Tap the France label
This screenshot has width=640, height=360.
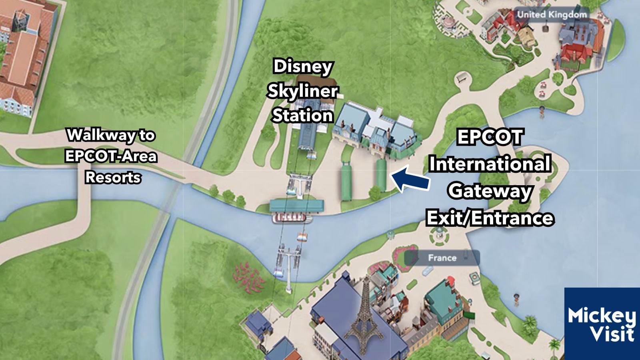[x=442, y=258]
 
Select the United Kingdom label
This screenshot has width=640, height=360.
[x=552, y=15]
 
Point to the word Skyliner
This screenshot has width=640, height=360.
[x=302, y=91]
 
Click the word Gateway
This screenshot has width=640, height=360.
[x=490, y=191]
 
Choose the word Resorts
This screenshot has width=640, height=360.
[x=113, y=177]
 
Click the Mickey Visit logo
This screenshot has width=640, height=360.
[x=602, y=324]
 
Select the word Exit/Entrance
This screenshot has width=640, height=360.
[x=490, y=218]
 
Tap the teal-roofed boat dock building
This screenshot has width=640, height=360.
[x=296, y=206]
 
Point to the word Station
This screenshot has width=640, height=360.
[x=302, y=116]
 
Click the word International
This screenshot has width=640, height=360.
[x=490, y=164]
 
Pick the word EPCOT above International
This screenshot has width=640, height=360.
[x=490, y=137]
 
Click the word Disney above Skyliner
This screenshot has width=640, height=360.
[x=302, y=66]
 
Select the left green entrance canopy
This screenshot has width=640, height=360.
[x=346, y=182]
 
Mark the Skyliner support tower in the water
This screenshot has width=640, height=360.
[x=289, y=264]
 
